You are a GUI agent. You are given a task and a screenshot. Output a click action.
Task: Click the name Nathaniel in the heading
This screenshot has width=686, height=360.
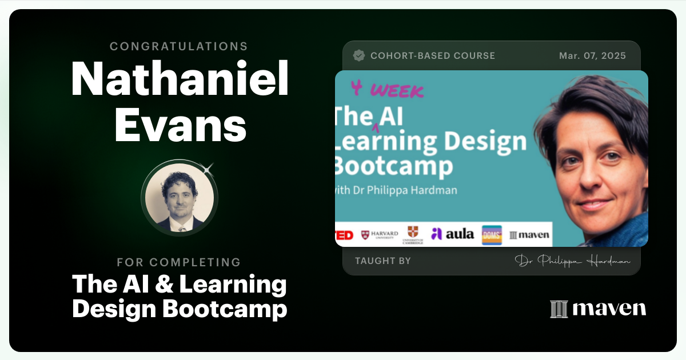click(180, 80)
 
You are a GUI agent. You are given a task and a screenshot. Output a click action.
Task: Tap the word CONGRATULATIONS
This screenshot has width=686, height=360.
click(179, 46)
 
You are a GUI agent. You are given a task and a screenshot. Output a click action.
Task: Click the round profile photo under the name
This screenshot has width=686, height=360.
click(180, 197)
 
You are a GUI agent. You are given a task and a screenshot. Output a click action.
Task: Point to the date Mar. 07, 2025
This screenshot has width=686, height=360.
click(592, 56)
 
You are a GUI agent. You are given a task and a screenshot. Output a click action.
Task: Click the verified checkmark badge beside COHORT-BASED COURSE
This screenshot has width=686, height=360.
click(359, 56)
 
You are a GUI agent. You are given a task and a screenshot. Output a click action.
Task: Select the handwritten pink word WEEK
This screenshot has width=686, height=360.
click(397, 91)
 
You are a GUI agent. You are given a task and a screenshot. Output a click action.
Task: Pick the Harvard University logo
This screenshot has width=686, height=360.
click(380, 234)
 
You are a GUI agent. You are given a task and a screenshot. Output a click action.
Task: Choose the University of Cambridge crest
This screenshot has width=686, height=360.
click(413, 234)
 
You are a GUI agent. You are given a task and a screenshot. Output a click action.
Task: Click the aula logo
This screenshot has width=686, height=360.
click(452, 233)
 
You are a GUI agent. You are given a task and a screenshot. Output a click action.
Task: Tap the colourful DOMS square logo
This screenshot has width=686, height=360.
click(492, 235)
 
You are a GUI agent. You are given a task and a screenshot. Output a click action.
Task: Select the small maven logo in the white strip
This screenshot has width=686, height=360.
click(529, 235)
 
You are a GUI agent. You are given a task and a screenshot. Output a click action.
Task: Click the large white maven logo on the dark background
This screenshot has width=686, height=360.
click(598, 309)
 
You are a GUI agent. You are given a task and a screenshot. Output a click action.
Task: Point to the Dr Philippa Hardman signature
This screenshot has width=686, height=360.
click(572, 261)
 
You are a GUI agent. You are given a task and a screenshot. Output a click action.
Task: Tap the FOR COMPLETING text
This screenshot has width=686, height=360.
click(179, 262)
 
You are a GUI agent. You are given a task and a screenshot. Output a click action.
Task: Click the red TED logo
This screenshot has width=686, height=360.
click(344, 234)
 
